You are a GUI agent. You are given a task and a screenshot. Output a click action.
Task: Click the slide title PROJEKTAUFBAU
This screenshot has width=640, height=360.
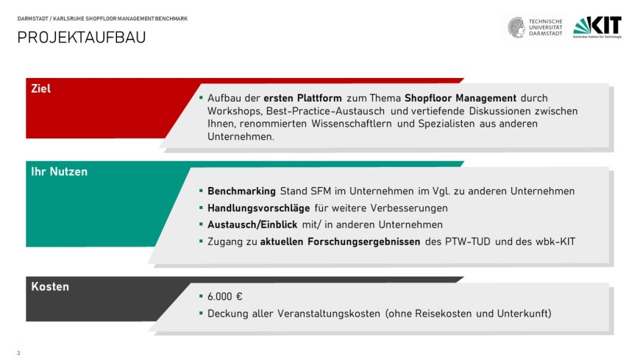82,38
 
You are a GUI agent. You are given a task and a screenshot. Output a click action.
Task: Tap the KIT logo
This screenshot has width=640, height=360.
597,27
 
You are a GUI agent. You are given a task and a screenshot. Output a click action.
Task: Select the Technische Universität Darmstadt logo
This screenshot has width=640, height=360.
535,27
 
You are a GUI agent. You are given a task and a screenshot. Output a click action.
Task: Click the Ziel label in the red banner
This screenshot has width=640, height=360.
40,88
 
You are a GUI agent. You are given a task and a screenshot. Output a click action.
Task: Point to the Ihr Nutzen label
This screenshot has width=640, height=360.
59,172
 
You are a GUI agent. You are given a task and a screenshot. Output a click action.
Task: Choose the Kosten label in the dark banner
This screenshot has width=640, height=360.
50,286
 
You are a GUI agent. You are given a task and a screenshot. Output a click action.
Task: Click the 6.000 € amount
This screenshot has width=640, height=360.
225,296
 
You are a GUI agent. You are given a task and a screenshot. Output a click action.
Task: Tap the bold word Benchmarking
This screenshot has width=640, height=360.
241,191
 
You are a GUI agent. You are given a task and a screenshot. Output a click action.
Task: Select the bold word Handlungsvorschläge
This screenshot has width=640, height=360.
259,208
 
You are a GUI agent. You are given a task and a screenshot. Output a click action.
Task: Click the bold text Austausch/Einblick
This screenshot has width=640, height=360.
252,225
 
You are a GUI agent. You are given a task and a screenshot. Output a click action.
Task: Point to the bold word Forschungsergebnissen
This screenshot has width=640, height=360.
364,241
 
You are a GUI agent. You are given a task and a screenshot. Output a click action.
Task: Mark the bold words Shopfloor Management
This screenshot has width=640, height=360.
461,98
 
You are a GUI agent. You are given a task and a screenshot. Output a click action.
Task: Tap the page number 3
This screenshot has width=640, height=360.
18,353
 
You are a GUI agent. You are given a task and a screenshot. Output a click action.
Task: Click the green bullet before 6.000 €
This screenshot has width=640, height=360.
201,296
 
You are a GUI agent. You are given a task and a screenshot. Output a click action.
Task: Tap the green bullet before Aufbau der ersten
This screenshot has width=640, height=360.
201,98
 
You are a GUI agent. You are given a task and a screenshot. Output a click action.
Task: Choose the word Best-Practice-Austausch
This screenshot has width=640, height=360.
325,110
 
